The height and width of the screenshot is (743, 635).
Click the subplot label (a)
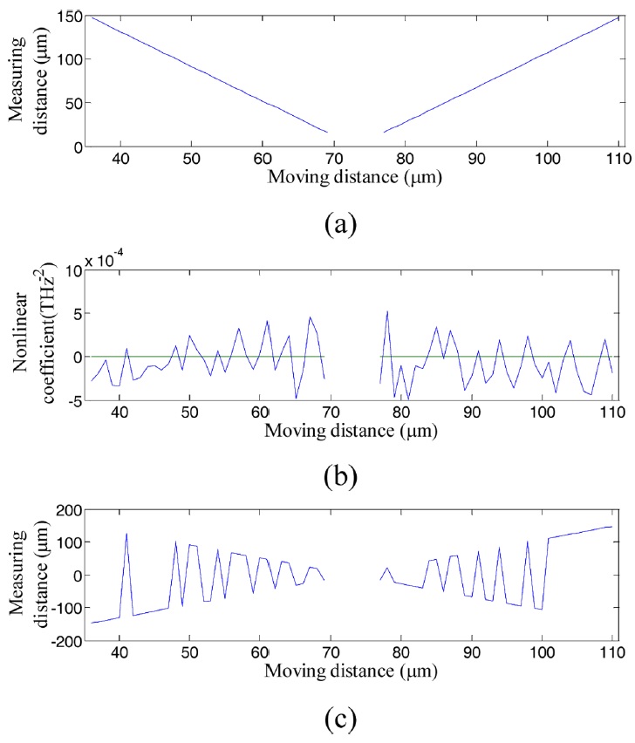coord(338,224)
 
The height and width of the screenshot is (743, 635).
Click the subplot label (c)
coord(338,719)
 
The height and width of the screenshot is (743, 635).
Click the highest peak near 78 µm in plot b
coord(387,311)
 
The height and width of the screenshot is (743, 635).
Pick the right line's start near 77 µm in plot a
coord(384,133)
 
